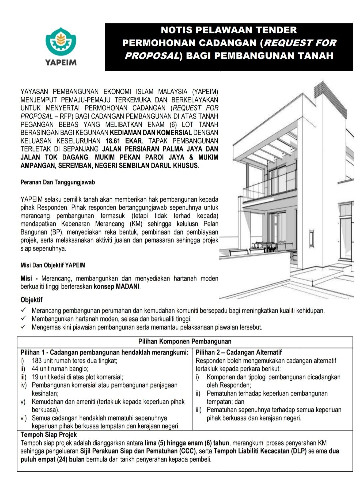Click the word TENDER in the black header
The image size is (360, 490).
276,30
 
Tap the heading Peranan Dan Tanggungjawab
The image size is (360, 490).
58,182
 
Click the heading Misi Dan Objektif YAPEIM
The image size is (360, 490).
53,265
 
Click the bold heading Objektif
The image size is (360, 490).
31,300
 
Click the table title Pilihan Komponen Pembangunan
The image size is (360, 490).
185,341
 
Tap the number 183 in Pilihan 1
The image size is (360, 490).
37,361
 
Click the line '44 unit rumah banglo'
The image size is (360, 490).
60,369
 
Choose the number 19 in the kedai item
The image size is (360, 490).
35,377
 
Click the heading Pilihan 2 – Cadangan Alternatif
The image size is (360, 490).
239,352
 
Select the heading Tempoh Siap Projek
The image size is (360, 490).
49,435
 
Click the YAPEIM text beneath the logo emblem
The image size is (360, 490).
61,62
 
